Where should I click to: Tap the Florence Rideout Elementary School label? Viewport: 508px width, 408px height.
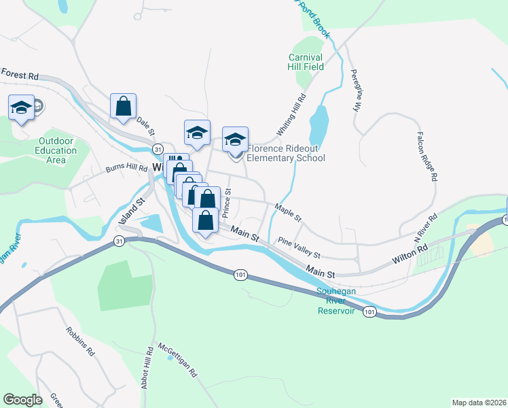pyautogui.click(x=286, y=153)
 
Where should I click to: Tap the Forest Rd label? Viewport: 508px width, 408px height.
pyautogui.click(x=20, y=73)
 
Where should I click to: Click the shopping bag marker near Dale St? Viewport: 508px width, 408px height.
pyautogui.click(x=123, y=106)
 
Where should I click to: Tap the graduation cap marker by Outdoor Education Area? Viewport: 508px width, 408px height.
pyautogui.click(x=21, y=107)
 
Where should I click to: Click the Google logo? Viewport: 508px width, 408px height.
pyautogui.click(x=22, y=400)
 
